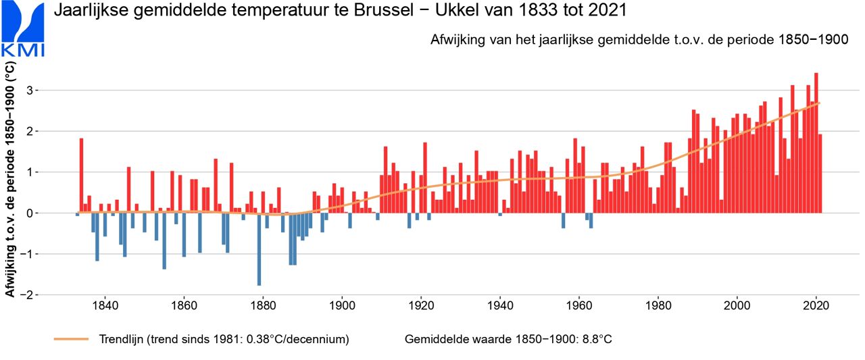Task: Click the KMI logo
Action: [x=24, y=30]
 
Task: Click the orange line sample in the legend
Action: [x=71, y=339]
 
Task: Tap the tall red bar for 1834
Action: [x=81, y=176]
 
